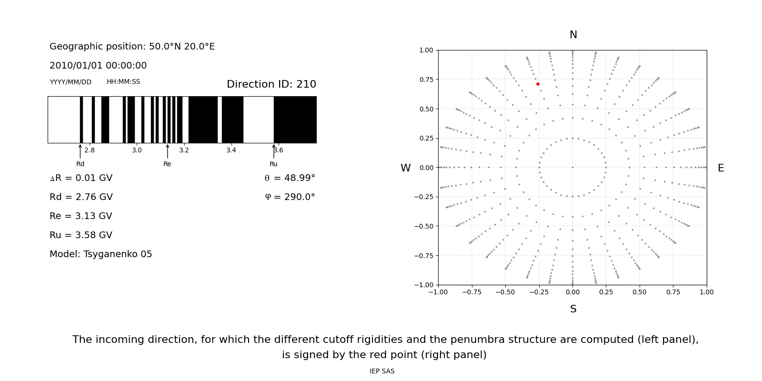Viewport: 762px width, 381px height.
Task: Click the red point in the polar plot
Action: click(x=538, y=84)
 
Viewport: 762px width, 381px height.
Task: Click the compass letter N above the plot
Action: click(x=573, y=35)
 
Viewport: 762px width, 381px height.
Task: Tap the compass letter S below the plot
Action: click(x=573, y=309)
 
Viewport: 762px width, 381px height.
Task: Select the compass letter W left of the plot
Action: click(x=405, y=168)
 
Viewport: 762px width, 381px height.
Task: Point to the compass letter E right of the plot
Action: click(x=721, y=168)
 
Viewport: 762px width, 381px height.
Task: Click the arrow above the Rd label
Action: click(x=80, y=151)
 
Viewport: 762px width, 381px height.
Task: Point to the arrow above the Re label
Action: click(x=167, y=151)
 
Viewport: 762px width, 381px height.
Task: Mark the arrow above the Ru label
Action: click(x=273, y=151)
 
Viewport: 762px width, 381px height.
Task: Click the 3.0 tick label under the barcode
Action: click(x=137, y=150)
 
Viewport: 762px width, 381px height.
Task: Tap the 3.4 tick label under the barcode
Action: click(x=231, y=150)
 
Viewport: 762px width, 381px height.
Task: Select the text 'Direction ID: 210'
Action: click(x=271, y=84)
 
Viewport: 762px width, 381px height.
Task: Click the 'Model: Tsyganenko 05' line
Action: click(x=100, y=254)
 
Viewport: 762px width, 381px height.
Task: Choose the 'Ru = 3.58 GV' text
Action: click(x=81, y=235)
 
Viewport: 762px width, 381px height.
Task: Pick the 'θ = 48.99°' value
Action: click(x=290, y=178)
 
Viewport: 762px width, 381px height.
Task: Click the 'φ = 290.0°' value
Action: click(x=290, y=197)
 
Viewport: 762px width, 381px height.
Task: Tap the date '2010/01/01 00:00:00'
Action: click(x=98, y=66)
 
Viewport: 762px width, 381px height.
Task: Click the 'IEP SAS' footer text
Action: click(x=382, y=371)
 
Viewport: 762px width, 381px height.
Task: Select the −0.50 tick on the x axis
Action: click(x=505, y=292)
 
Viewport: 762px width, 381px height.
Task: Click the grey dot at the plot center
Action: click(x=572, y=167)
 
